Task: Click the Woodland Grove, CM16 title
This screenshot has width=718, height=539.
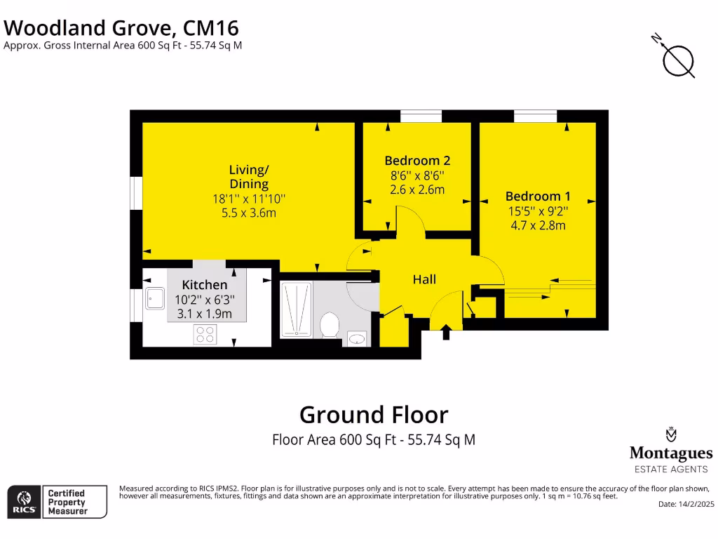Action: click(122, 28)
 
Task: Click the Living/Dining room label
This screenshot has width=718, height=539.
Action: click(249, 177)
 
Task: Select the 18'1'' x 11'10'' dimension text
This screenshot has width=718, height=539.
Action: click(249, 199)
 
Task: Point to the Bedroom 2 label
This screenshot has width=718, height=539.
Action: click(417, 161)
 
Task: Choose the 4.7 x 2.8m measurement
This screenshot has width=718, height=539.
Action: click(537, 225)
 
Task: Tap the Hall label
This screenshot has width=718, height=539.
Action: click(424, 279)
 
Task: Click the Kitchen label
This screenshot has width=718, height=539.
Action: click(205, 285)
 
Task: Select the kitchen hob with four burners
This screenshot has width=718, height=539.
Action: click(205, 335)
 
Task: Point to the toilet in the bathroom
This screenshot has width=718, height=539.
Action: click(330, 325)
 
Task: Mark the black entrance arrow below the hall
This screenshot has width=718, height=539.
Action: click(446, 332)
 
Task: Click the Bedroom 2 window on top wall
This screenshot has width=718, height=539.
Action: click(421, 116)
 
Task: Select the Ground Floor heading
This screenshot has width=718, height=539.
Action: click(373, 415)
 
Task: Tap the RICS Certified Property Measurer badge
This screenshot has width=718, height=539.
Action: click(57, 502)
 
